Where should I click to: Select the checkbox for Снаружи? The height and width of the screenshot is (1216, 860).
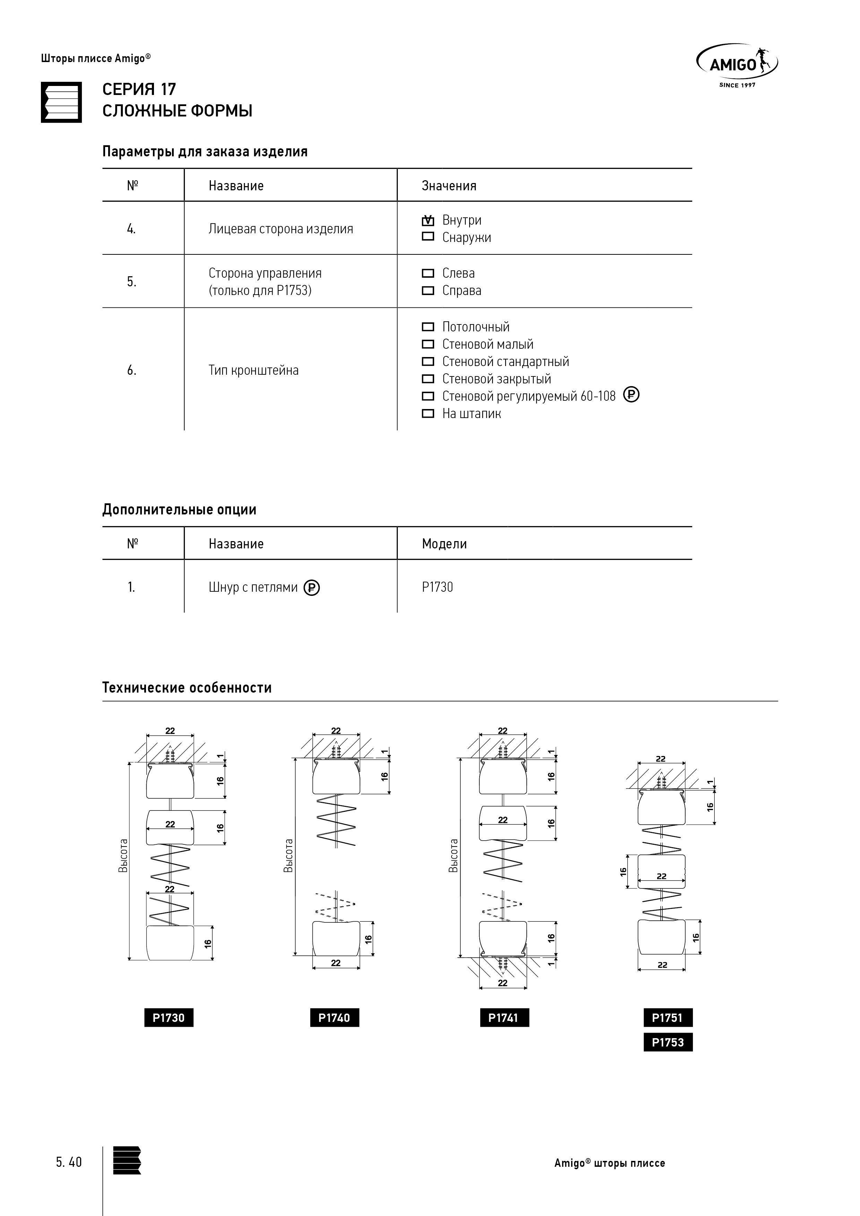tap(428, 237)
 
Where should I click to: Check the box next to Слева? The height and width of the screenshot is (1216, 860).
tap(428, 273)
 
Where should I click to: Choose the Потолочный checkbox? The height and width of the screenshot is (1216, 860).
tap(428, 327)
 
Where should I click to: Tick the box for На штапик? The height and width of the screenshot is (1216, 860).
tap(428, 414)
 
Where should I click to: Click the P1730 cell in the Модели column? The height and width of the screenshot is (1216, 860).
tap(437, 587)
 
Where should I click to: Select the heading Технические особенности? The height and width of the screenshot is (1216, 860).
tap(187, 687)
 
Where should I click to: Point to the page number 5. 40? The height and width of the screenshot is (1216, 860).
tap(69, 1162)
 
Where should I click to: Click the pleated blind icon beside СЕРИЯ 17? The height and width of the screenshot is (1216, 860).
tap(61, 102)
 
